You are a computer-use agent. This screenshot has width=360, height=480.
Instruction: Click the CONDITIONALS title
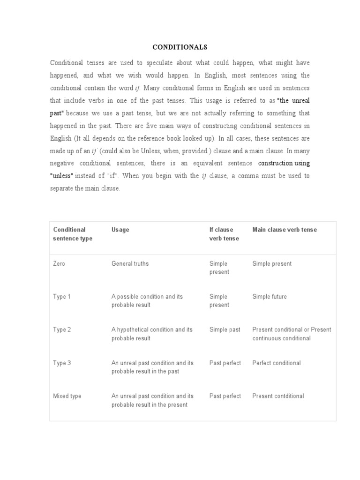click(180, 47)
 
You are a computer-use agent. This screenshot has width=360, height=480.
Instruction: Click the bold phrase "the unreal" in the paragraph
click(293, 101)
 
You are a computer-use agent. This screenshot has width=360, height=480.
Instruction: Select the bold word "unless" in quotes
click(62, 176)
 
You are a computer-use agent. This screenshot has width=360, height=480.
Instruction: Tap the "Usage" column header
click(120, 230)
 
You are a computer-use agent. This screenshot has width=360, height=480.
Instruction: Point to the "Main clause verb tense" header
click(285, 230)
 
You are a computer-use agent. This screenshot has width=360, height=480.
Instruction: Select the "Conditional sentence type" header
click(73, 234)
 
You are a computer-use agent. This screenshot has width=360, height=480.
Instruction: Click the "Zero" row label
click(59, 263)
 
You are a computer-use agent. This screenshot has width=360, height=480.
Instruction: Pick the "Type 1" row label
click(62, 297)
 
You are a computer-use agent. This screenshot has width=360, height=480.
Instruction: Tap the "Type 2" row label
click(62, 330)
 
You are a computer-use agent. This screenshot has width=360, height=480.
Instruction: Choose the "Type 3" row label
click(62, 363)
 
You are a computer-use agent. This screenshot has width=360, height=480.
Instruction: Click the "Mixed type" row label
click(67, 396)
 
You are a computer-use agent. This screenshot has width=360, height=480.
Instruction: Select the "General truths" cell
click(130, 263)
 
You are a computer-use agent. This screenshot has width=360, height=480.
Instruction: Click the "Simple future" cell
click(270, 297)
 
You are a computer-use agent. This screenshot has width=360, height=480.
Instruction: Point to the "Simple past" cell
click(225, 330)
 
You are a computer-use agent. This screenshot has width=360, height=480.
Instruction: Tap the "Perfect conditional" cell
click(277, 363)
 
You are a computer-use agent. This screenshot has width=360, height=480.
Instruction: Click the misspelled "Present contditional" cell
click(278, 396)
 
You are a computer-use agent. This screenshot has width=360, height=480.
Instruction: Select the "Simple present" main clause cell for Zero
click(272, 263)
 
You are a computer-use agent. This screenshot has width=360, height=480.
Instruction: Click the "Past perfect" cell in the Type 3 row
click(225, 363)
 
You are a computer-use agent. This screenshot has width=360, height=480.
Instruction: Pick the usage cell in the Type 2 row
click(152, 334)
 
